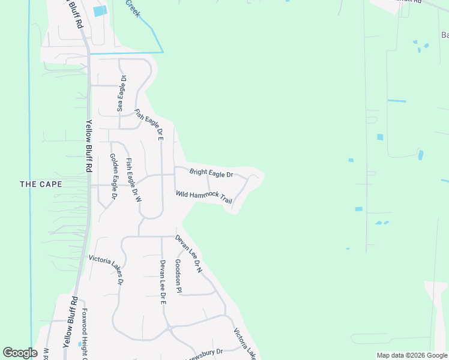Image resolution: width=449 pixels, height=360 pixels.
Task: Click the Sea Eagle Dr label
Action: point(122,94)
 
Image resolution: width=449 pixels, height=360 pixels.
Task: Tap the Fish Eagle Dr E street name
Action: point(149,124)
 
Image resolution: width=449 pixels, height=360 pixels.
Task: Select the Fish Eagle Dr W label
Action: point(133,179)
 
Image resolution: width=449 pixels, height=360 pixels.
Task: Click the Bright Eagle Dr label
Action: point(211,173)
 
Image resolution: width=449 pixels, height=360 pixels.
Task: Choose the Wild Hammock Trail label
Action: point(203,197)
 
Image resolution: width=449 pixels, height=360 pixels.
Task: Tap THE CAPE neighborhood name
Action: point(41,184)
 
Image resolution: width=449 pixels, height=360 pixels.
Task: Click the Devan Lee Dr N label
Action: point(189,254)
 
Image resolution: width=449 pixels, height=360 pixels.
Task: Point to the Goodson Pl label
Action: point(178,276)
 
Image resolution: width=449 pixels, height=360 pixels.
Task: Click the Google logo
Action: point(20,353)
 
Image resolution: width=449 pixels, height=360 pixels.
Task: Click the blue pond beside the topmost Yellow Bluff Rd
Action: point(100,11)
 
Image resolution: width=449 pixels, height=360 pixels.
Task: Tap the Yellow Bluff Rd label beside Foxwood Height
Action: point(70,322)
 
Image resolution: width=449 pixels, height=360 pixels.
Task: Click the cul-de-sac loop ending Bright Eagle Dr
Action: point(255,178)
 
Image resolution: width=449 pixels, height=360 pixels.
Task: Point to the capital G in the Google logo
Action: point(8,353)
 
